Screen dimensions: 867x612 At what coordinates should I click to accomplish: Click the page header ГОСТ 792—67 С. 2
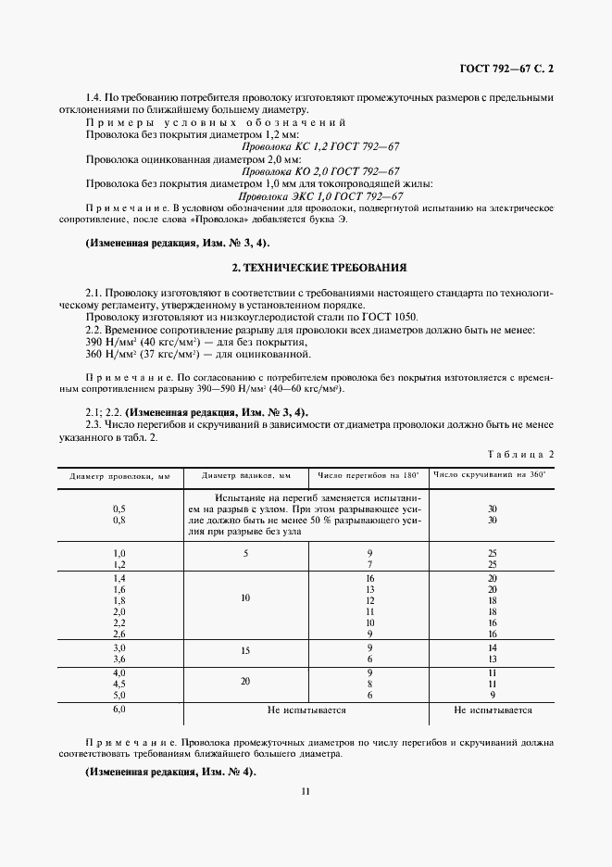click(x=512, y=69)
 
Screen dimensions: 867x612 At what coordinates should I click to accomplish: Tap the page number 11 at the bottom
click(x=305, y=790)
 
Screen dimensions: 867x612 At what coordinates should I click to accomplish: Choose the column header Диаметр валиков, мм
click(x=246, y=475)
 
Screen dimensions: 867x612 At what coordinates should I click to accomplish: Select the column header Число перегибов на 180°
click(x=368, y=475)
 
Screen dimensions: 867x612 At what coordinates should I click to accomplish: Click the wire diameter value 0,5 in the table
click(x=119, y=509)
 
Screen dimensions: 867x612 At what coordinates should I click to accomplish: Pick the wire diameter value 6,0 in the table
click(x=119, y=709)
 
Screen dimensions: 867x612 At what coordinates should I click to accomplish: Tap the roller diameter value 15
click(x=245, y=651)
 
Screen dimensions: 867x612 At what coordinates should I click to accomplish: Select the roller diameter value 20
click(x=245, y=681)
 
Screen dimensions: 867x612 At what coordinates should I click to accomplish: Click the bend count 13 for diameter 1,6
click(x=369, y=588)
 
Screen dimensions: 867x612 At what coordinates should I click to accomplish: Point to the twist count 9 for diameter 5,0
click(x=493, y=694)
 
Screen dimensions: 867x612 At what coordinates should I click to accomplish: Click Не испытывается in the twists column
click(x=493, y=710)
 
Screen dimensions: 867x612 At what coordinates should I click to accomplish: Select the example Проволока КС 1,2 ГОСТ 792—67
click(x=320, y=146)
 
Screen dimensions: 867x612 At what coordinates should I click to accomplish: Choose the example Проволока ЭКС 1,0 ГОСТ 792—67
click(x=320, y=196)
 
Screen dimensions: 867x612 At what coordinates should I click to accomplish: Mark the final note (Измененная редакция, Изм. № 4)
click(x=169, y=772)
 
